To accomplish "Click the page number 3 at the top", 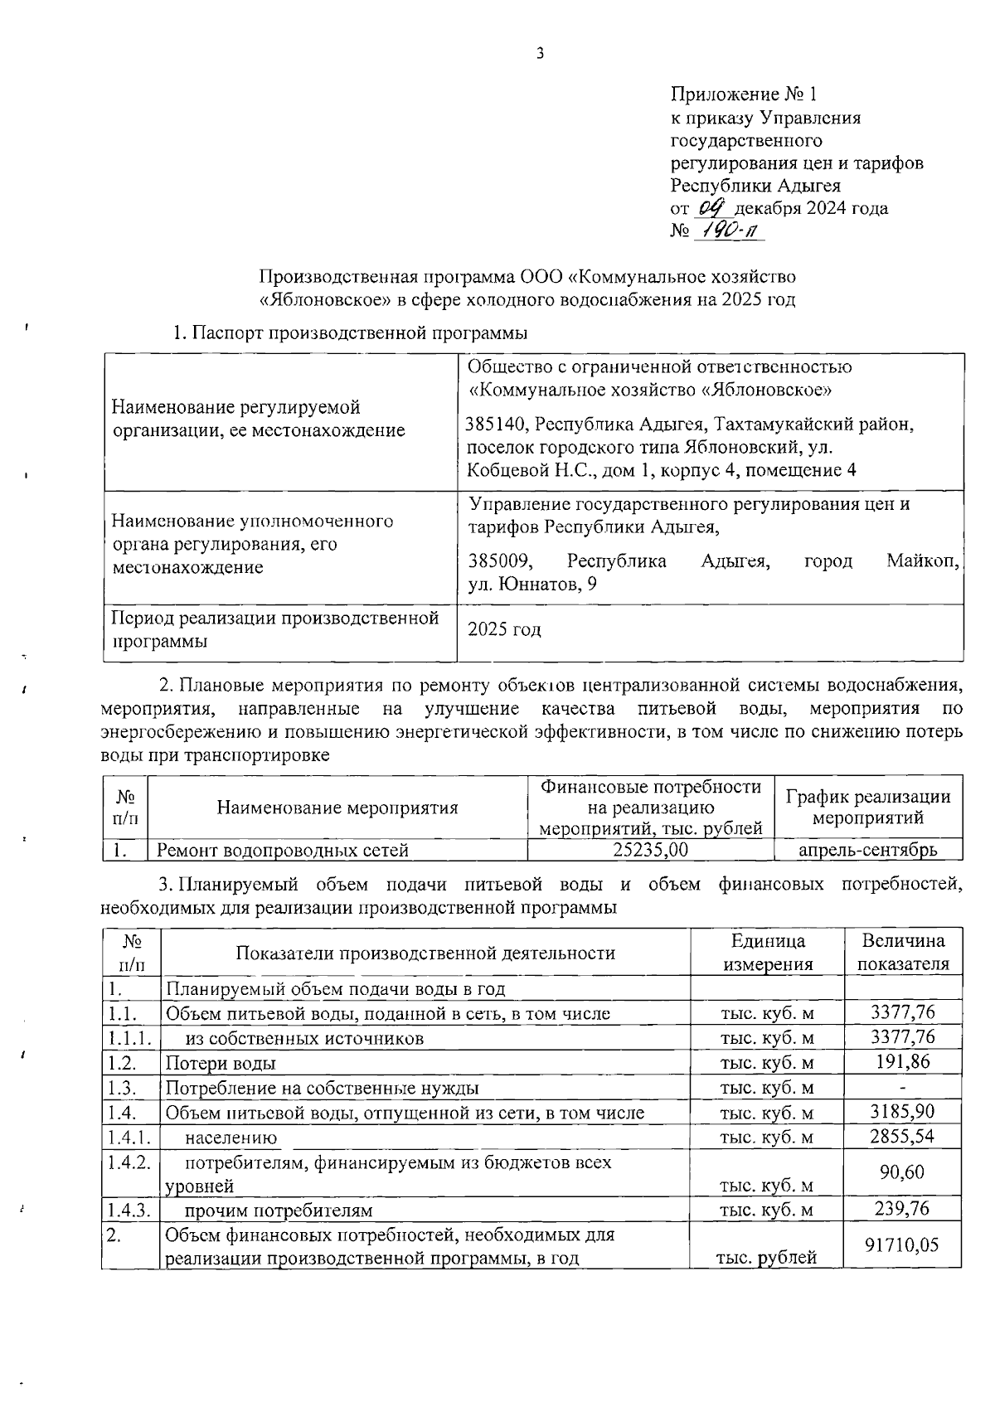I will click(540, 55).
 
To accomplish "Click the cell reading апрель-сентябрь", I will click(867, 850).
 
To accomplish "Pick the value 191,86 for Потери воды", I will click(902, 1062).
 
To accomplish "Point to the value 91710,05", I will click(902, 1244).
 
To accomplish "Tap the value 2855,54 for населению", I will click(902, 1136).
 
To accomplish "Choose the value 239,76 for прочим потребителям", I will click(902, 1209).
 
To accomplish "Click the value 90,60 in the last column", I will click(902, 1172).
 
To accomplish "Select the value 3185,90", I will click(902, 1111).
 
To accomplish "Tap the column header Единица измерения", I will click(768, 953).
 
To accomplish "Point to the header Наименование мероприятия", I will click(337, 808).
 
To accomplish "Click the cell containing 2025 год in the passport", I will click(505, 629).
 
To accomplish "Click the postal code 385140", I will click(497, 425).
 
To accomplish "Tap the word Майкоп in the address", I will click(922, 561).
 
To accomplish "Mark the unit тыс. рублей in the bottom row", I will click(766, 1258).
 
